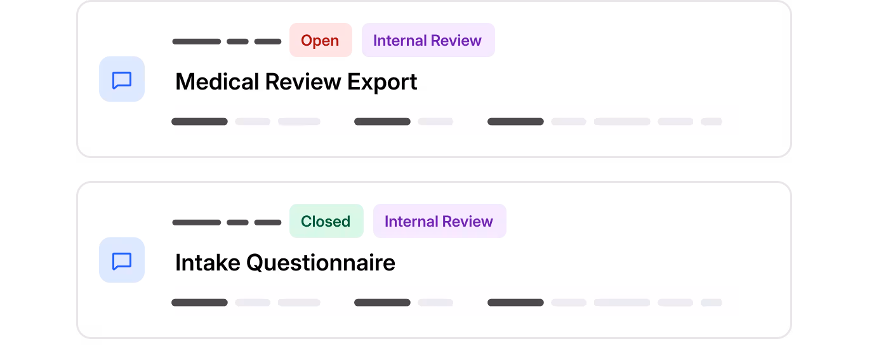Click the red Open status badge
[x=321, y=41]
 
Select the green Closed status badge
[x=326, y=222]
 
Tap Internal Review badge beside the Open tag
[x=428, y=41]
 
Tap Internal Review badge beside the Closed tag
[x=439, y=222]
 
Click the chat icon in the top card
[x=122, y=79]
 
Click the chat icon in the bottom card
[x=122, y=260]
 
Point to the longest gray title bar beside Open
[x=197, y=41]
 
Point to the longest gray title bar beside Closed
[x=197, y=222]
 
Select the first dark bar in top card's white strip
[x=200, y=121]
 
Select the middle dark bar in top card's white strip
[x=382, y=121]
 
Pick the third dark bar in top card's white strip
[x=515, y=121]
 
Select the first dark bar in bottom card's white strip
[x=200, y=302]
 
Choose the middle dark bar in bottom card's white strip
[x=382, y=302]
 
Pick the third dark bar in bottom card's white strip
[x=515, y=302]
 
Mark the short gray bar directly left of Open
[x=268, y=41]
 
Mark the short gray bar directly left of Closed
[x=268, y=222]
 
